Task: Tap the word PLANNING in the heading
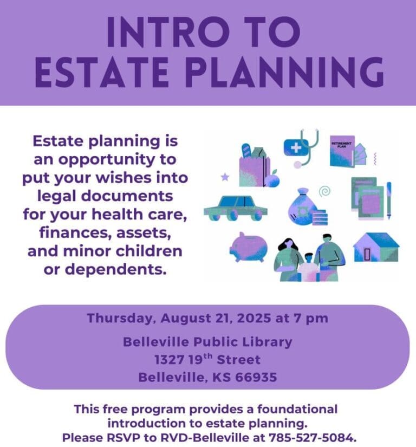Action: point(285,72)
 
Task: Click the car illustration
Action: point(236,208)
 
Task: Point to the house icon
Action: point(376,247)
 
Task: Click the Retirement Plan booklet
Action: point(342,151)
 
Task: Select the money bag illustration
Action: point(308,206)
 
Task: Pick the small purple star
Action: point(225,177)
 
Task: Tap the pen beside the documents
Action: point(389,200)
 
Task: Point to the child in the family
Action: point(308,267)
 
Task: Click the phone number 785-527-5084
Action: point(313,437)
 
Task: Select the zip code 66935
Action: point(256,378)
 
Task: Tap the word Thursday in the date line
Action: point(120,319)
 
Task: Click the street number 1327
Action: point(169,360)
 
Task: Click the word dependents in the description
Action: point(115,269)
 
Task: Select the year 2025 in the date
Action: point(253,318)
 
